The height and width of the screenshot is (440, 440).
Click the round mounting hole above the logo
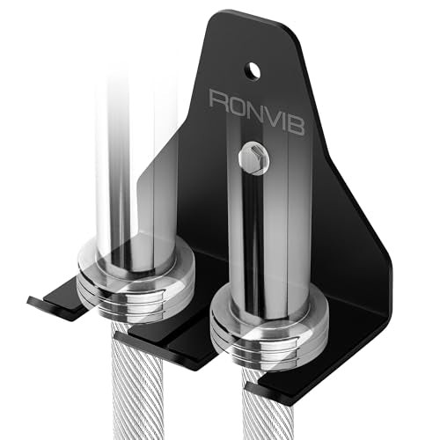[x=253, y=71]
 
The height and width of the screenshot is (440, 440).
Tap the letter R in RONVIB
[x=220, y=100]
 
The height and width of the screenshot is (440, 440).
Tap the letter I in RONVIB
[x=282, y=120]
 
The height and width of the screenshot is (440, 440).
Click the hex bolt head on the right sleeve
[x=253, y=158]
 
